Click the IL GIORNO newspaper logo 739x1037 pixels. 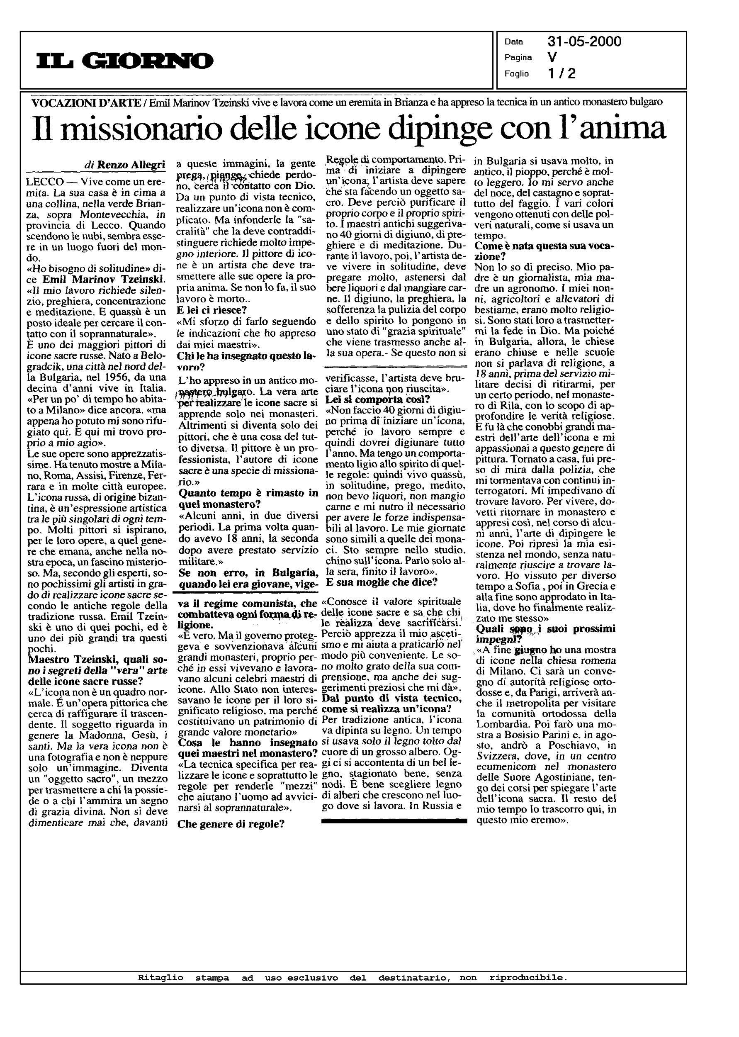point(125,61)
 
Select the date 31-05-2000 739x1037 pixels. point(584,42)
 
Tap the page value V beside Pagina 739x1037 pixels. point(552,57)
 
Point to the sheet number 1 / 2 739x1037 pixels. point(562,73)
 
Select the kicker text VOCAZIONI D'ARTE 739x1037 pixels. point(86,102)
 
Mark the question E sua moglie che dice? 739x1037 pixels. point(382,582)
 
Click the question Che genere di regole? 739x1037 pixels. point(231,824)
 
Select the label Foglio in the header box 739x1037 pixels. point(516,74)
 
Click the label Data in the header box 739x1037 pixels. point(513,42)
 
